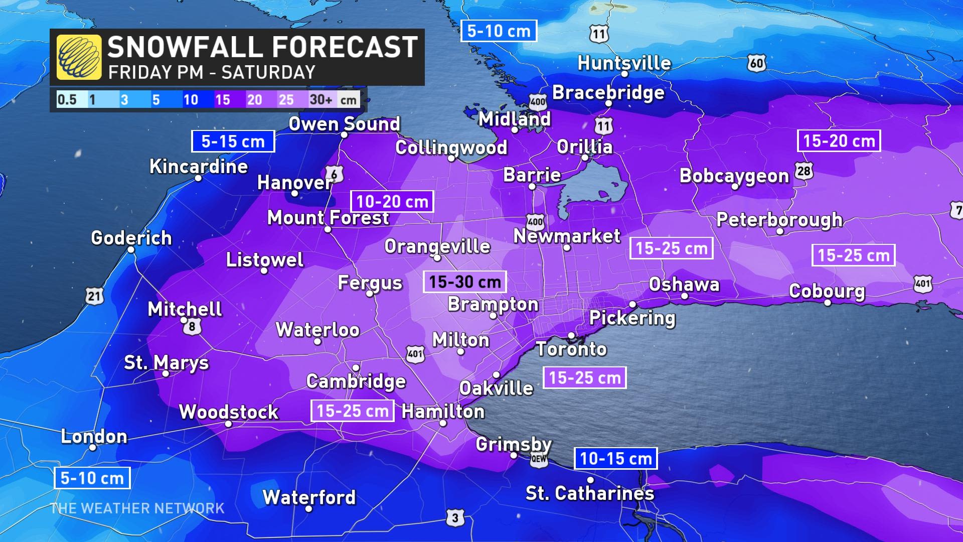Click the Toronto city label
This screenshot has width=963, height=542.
[571, 349]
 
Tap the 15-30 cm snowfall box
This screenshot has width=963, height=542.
[465, 282]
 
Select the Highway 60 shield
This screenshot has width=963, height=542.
[757, 63]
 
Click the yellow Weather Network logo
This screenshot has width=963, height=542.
[79, 57]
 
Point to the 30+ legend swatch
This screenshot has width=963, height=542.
[321, 99]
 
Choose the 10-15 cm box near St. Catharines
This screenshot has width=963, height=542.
[615, 458]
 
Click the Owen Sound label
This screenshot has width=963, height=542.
[344, 124]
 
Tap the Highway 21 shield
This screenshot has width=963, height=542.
[94, 296]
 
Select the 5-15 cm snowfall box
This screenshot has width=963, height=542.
[233, 142]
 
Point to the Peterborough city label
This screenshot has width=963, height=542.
[779, 219]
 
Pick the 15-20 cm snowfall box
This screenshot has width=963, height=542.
[839, 141]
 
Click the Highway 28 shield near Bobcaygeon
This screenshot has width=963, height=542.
[804, 171]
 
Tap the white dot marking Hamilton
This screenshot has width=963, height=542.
[443, 424]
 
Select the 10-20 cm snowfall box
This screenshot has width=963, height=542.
[392, 202]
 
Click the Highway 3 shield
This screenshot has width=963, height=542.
[455, 517]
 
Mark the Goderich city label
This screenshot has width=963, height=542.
[131, 238]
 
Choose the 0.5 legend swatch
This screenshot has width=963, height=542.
[67, 99]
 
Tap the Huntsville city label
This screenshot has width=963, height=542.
[624, 63]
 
